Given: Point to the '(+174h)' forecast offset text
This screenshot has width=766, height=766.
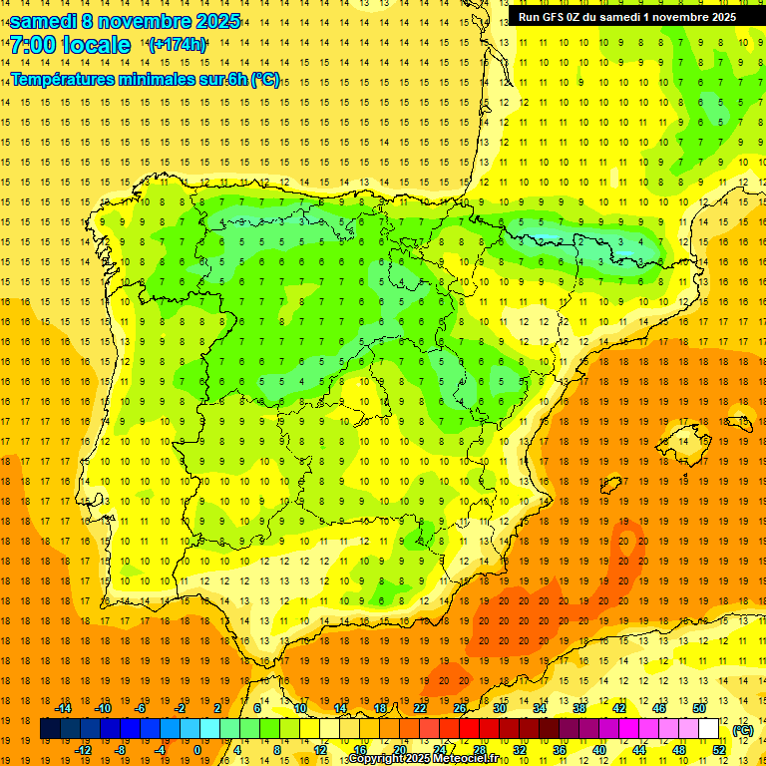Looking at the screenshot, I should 177,45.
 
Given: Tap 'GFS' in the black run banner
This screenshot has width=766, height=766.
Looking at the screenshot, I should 556,17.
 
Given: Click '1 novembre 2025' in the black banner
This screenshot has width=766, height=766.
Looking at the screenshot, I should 687,17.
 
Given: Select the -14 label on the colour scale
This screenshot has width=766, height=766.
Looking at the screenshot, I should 64,708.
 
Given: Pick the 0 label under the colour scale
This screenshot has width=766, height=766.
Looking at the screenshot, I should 197,750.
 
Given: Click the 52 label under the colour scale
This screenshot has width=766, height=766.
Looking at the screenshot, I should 719,750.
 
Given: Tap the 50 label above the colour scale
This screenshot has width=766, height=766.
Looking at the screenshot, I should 699,708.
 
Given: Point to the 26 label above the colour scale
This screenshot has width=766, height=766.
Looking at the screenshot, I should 460,708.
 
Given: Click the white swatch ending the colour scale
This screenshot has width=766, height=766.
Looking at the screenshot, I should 709,729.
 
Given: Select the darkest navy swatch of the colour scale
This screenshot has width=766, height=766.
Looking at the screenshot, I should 50,729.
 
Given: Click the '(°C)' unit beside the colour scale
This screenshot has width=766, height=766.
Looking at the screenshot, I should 742,730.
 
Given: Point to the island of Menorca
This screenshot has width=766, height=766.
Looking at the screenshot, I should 740,423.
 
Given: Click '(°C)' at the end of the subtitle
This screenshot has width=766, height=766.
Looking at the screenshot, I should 265,80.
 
